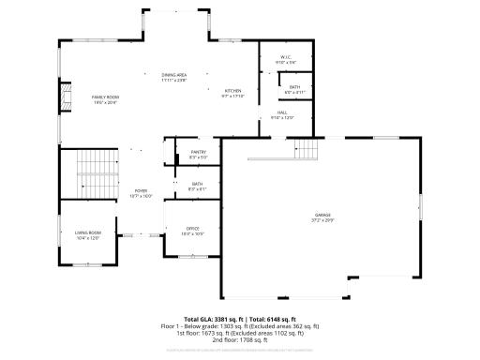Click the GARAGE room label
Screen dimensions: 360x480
point(322,215)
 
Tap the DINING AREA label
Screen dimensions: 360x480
point(174,74)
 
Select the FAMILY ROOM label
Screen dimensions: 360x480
point(105,97)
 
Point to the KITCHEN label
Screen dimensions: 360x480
point(232,91)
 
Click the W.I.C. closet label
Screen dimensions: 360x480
point(285,58)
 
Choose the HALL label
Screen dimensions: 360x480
point(282,112)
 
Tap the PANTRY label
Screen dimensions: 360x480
point(198,152)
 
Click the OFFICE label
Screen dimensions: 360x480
point(193,229)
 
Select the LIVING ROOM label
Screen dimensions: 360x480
point(88,232)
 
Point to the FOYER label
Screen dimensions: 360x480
point(141,190)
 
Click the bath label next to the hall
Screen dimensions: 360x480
point(294,87)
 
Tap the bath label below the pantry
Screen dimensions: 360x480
point(197,184)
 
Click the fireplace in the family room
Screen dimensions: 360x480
point(66,96)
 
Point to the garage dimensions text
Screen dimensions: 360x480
point(322,220)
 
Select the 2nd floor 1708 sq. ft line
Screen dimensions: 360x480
point(239,338)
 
